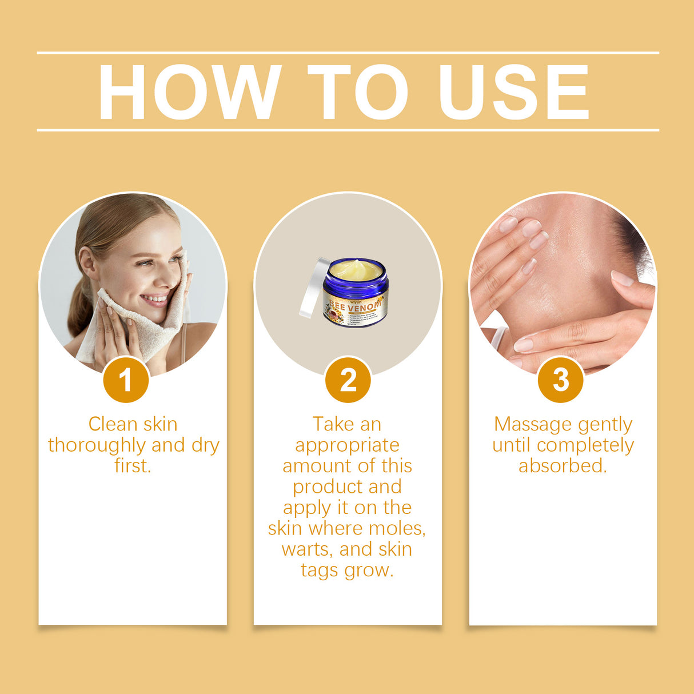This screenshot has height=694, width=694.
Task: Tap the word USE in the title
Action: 513,93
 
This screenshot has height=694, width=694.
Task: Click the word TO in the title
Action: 358,93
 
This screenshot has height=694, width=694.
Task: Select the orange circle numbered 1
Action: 126,380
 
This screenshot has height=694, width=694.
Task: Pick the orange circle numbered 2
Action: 348,380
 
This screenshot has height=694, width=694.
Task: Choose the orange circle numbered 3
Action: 561,380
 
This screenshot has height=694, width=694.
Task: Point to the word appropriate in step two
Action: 347,445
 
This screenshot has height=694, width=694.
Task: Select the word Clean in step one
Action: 113,425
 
